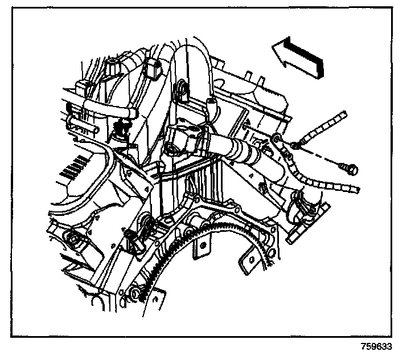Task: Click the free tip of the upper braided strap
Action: pos(343,116)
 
